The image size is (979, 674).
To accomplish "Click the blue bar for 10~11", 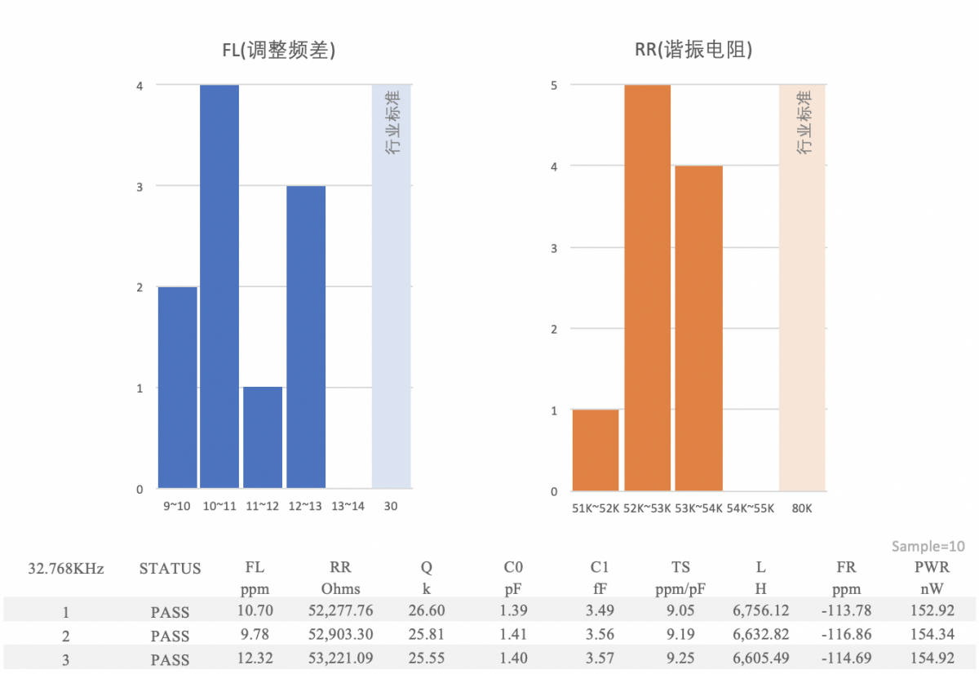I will click(219, 286).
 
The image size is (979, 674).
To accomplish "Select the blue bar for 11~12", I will click(263, 437).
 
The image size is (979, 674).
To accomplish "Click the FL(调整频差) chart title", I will click(280, 51).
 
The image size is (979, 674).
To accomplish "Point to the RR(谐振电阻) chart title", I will click(693, 51).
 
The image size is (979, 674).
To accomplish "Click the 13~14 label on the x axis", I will click(348, 507).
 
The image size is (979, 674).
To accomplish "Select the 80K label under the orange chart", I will click(801, 509).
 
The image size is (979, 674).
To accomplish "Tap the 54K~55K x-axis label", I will click(750, 509).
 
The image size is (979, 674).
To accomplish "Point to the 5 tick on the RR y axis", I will click(554, 85).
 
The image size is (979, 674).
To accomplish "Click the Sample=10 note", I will click(928, 546).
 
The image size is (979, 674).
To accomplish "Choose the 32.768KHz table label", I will click(66, 569).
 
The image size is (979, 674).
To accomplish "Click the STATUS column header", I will click(170, 569).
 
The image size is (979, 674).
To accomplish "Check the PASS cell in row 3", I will click(170, 658).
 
